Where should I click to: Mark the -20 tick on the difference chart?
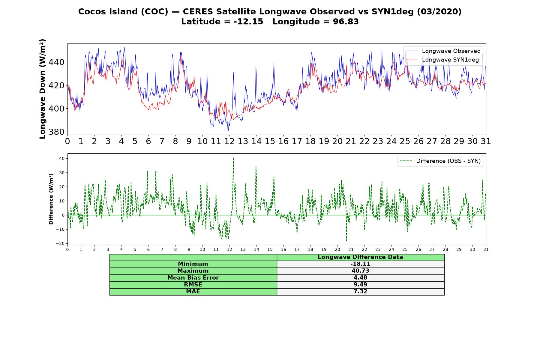(x=61, y=243)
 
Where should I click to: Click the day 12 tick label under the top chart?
(x=229, y=141)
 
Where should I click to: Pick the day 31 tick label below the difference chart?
(x=486, y=250)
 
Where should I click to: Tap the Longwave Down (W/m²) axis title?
(x=43, y=89)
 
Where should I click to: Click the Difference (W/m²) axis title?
(x=51, y=199)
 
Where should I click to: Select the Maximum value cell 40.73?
(x=360, y=271)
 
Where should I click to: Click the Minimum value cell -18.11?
(x=360, y=264)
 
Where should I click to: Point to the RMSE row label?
(x=193, y=285)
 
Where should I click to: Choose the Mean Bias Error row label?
(x=193, y=278)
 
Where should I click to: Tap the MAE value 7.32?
(x=360, y=292)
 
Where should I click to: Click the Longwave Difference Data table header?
(x=360, y=257)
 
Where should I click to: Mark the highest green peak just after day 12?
(x=233, y=158)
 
